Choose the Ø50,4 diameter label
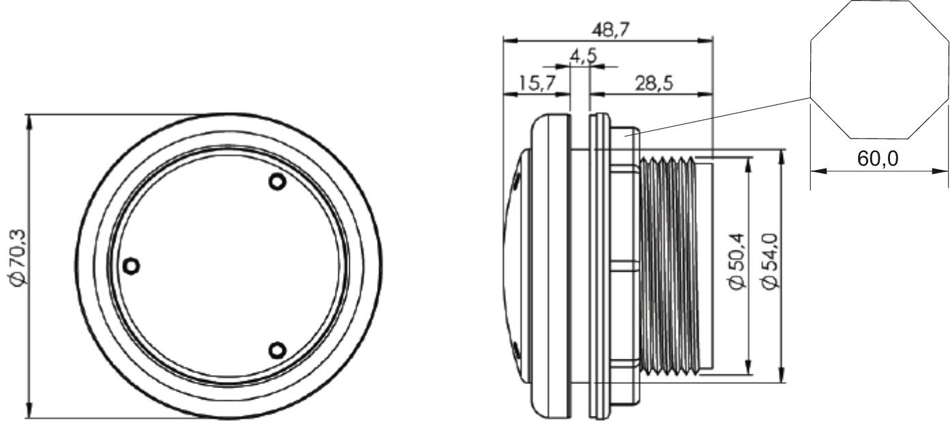[x=738, y=262]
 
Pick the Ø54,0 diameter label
[x=771, y=262]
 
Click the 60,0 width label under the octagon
[x=878, y=159]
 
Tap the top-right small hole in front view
[x=276, y=182]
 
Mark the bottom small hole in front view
[x=276, y=351]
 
